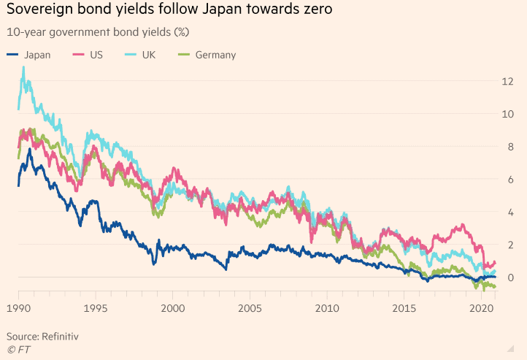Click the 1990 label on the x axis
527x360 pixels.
coord(19,309)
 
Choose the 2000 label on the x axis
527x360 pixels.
coord(173,309)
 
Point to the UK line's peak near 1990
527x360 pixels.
coord(23,67)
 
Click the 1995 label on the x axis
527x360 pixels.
coord(96,309)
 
